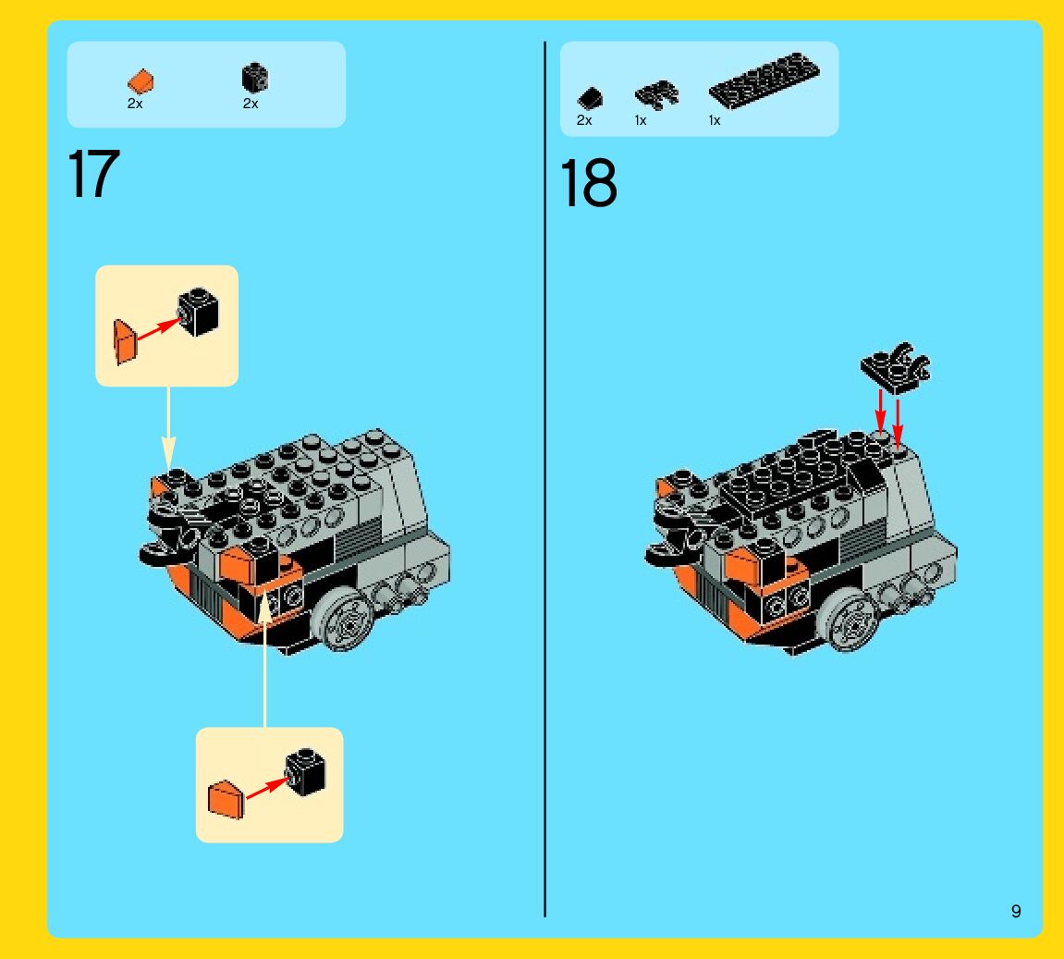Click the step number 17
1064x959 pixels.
tap(93, 174)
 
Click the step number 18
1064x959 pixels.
tap(588, 182)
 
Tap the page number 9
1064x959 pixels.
tap(1016, 911)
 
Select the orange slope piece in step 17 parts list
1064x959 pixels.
tap(141, 80)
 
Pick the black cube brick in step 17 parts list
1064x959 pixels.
tap(255, 78)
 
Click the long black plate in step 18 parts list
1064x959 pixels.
tap(764, 80)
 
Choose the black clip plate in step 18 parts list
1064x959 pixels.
tap(656, 95)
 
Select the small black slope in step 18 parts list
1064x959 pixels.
tap(590, 98)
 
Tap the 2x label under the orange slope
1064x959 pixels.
tap(135, 104)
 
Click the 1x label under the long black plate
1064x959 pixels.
tap(715, 120)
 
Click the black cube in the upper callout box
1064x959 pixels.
tap(198, 312)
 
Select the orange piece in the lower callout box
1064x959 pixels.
tap(226, 800)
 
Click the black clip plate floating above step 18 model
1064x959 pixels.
tap(896, 368)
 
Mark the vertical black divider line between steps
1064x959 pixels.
tap(544, 478)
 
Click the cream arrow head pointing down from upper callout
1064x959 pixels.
tap(168, 453)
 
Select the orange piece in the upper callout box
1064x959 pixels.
tap(125, 342)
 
